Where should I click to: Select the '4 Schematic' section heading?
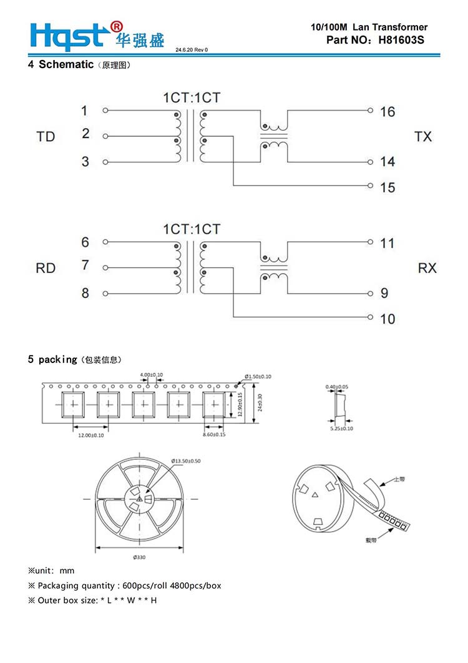[61, 64]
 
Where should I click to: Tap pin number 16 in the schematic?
[388, 111]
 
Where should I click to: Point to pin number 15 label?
[388, 187]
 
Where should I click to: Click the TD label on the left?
[46, 136]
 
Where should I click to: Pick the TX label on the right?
[422, 136]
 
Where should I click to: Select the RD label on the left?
[46, 268]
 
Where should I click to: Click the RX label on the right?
[427, 268]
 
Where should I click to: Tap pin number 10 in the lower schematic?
[388, 319]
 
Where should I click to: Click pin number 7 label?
[85, 266]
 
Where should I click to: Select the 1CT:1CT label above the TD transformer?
[192, 97]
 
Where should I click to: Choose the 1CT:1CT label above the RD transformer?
[192, 229]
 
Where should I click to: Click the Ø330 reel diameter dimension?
[139, 557]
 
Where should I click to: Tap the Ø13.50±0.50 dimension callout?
[187, 461]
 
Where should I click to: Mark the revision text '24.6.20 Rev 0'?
[192, 49]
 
